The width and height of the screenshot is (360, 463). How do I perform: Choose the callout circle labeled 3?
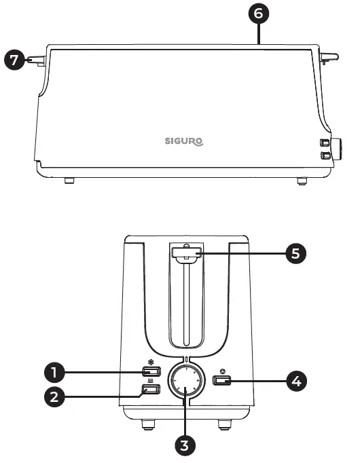point(185,445)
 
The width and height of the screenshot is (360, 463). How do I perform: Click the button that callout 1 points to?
point(151,372)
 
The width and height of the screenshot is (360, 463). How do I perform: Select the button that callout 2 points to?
point(151,390)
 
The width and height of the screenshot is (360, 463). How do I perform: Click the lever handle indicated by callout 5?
point(185,255)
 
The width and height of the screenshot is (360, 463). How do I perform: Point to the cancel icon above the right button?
point(222,369)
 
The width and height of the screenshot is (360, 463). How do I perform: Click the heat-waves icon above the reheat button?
point(150,382)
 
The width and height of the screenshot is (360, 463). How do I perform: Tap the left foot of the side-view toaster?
point(68,181)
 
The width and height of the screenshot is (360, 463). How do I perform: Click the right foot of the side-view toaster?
point(301,181)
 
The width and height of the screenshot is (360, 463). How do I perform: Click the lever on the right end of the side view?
point(331,58)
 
